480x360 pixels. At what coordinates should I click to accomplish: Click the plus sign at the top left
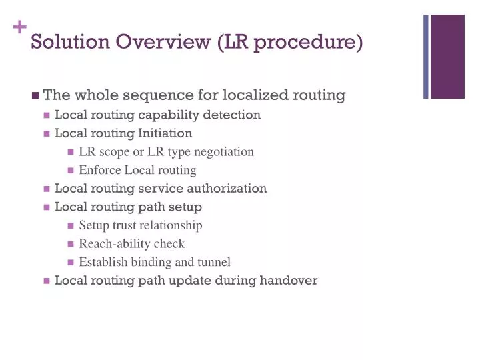coord(18,28)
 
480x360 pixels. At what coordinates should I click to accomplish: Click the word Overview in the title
coord(163,41)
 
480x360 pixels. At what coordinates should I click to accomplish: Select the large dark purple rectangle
coord(447,57)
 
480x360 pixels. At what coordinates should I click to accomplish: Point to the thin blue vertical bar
coord(426,57)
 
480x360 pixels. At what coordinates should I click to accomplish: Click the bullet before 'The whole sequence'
coord(35,95)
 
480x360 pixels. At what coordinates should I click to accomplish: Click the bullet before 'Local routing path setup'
coord(47,207)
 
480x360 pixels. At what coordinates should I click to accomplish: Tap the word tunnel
coord(214,262)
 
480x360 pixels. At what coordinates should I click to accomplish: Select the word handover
coord(289,281)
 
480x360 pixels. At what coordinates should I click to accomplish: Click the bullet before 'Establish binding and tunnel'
coord(71,263)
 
